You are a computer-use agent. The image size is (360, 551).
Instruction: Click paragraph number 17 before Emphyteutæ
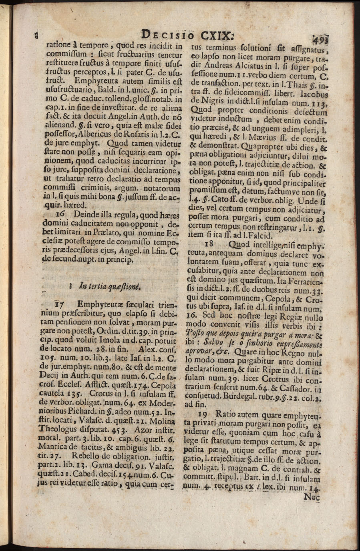pos(59,304)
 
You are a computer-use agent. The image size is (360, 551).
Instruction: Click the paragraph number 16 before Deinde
pos(61,214)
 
